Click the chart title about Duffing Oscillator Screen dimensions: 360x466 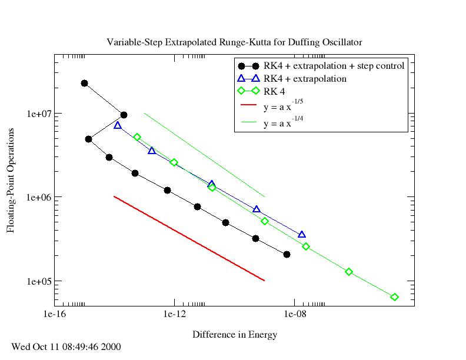click(234, 42)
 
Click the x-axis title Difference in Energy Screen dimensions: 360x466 click(234, 335)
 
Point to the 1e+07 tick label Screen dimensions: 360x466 click(38, 113)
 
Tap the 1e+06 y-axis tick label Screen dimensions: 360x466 click(38, 197)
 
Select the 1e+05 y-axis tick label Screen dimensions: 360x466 click(38, 281)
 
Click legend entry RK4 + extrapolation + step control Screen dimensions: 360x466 click(334, 66)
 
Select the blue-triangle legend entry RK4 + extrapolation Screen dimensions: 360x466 click(305, 78)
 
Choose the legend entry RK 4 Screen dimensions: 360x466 click(274, 91)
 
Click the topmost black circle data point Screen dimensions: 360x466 click(84, 84)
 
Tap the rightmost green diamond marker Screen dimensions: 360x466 click(394, 297)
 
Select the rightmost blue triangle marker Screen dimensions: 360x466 click(302, 234)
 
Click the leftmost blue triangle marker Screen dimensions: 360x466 click(118, 125)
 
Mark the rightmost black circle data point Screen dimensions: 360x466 click(287, 254)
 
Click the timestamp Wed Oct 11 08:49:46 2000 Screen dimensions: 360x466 click(66, 346)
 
